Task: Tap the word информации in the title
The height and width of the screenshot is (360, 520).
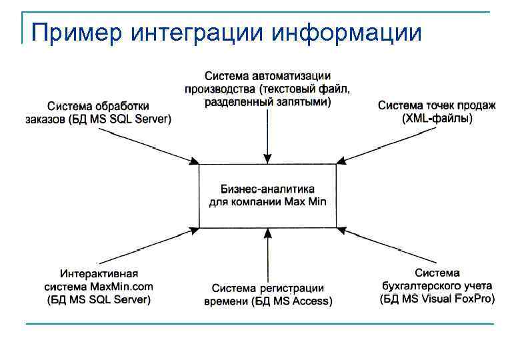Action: click(347, 32)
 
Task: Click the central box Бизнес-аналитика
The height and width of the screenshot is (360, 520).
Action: click(267, 195)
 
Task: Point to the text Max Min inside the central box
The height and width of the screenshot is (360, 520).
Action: click(306, 202)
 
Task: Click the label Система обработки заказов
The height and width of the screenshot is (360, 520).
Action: click(99, 113)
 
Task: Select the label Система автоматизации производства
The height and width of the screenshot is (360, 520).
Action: click(267, 89)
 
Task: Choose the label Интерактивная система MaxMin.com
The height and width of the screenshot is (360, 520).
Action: click(99, 287)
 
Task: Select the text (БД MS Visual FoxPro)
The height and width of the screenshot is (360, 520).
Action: click(437, 299)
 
